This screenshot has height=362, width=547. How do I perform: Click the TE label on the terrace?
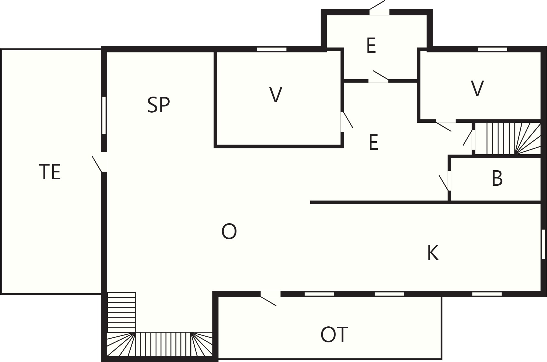coord(50,172)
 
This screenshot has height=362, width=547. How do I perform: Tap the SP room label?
coord(159,105)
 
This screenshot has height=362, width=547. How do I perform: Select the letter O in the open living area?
coord(229,231)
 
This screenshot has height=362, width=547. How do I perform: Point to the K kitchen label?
coord(433,253)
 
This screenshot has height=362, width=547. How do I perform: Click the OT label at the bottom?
coord(334,335)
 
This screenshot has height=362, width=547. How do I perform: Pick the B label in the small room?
coord(497,178)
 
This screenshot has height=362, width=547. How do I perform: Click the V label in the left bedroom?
coord(276,95)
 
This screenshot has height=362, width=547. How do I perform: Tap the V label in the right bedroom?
coord(477,88)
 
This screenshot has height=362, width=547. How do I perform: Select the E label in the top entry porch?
coord(371,46)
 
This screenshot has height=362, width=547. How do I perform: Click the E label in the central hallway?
coord(373,142)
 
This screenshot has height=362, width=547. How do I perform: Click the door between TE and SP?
coord(100,162)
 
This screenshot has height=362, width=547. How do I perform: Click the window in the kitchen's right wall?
coord(543,244)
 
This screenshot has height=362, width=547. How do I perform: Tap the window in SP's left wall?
coord(104,115)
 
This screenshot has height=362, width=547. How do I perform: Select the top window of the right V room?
coord(493,49)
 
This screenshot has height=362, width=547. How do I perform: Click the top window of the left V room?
coord(272,49)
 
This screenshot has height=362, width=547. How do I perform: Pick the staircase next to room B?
coord(508,139)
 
